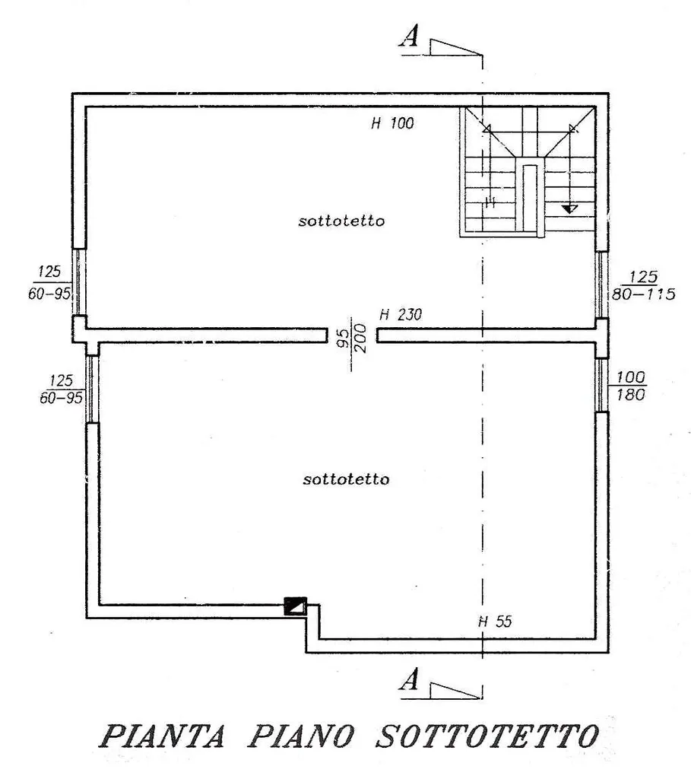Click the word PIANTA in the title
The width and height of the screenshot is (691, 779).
163,736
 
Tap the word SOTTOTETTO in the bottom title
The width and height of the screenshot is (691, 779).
487,736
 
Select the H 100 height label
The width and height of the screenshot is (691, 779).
392,123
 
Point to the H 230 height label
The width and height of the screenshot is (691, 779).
400,314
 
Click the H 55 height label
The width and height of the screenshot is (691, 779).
495,622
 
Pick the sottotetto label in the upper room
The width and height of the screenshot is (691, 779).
341,221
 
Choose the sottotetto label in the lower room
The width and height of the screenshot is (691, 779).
346,479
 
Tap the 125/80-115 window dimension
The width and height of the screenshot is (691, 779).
643,285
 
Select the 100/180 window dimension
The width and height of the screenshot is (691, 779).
630,386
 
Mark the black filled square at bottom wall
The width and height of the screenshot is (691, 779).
295,606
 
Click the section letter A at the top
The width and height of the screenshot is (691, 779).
409,36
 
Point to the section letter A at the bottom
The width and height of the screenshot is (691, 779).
409,679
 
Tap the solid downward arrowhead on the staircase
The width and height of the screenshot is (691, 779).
570,209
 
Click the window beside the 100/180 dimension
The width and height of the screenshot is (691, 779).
601,385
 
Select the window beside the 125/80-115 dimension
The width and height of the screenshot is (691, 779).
601,285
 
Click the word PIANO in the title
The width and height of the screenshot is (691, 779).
301,736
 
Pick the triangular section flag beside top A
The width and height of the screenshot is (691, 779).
455,48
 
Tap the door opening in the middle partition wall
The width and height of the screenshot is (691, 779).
352,335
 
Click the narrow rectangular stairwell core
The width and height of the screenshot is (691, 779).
530,199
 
